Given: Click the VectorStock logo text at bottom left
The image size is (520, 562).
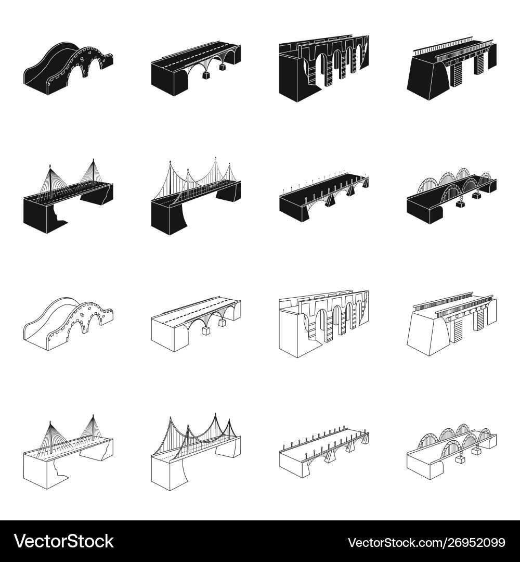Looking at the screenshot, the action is coord(64,541).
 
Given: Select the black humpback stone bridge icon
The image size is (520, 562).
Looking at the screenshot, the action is coord(68,68).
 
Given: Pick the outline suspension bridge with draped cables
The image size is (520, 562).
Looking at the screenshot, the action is coord(196,452).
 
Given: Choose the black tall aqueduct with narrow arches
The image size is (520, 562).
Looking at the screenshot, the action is coord(324,68).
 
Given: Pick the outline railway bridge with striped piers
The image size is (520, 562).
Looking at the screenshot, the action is coord(451,324).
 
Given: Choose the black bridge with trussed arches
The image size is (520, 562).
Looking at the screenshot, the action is coord(451,195).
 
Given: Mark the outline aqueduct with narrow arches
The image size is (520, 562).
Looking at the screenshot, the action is coord(324,324).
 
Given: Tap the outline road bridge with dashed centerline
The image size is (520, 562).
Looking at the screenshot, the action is coord(196,324).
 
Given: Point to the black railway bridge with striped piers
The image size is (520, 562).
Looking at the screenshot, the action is coord(451,68).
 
